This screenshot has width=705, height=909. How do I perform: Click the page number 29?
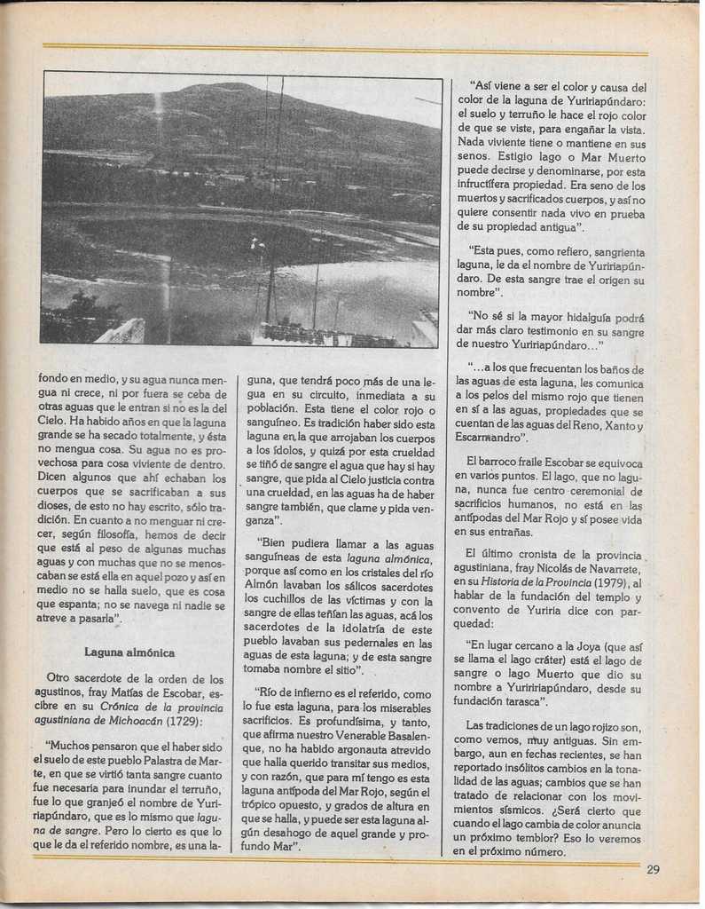click(x=653, y=869)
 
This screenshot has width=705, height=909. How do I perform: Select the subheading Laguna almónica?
click(x=129, y=652)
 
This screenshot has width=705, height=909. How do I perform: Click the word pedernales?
click(x=371, y=643)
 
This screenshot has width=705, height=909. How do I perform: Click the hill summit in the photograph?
click(x=214, y=87)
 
